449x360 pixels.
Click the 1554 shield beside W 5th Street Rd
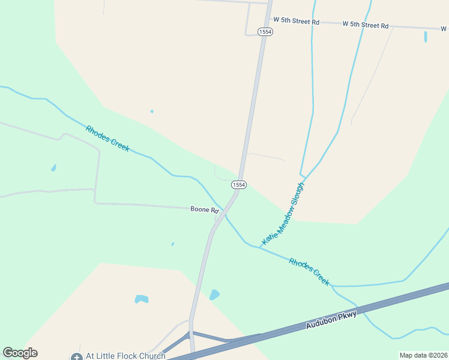pyautogui.click(x=265, y=31)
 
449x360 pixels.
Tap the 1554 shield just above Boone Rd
pyautogui.click(x=239, y=185)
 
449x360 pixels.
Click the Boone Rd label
pyautogui.click(x=205, y=209)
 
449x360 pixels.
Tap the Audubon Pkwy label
pyautogui.click(x=331, y=319)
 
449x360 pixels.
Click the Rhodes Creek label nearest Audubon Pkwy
pyautogui.click(x=309, y=272)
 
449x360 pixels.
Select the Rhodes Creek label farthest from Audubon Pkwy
pyautogui.click(x=107, y=138)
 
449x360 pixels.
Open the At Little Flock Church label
pyautogui.click(x=125, y=356)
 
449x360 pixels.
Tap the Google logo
pyautogui.click(x=20, y=353)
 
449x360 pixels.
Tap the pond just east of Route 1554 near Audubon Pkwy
pyautogui.click(x=214, y=295)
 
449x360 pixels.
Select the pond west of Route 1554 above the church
pyautogui.click(x=142, y=299)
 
